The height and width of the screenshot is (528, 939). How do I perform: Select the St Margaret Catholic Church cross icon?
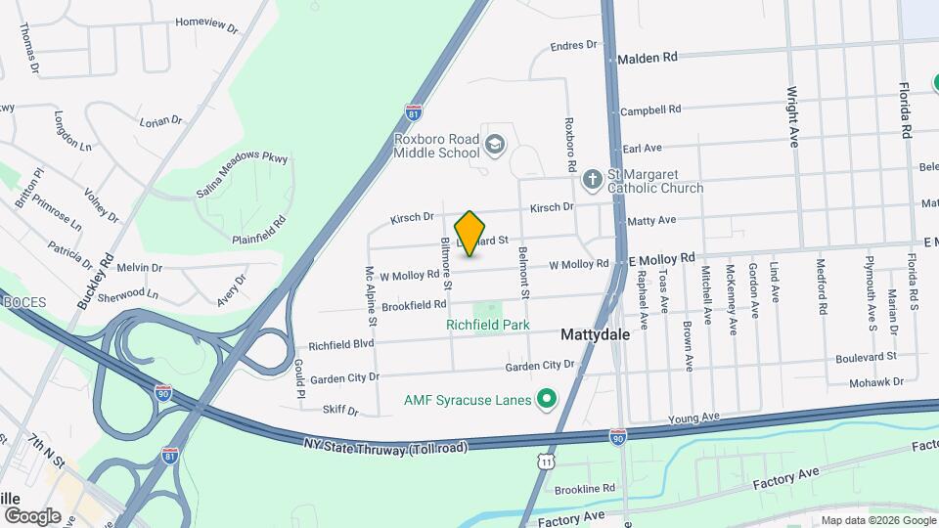click(x=592, y=180)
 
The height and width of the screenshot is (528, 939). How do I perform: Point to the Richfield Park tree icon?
click(x=492, y=311)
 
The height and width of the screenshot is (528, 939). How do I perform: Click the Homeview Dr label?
click(x=206, y=23)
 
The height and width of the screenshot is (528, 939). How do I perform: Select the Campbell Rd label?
click(x=650, y=110)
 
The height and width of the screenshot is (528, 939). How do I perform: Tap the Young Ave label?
click(x=693, y=418)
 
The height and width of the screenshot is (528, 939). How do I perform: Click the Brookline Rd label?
click(x=584, y=488)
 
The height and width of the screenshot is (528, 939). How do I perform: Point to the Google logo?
click(x=32, y=516)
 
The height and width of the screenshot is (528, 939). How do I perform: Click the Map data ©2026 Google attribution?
click(x=877, y=520)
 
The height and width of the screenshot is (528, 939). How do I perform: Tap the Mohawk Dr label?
click(x=875, y=382)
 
